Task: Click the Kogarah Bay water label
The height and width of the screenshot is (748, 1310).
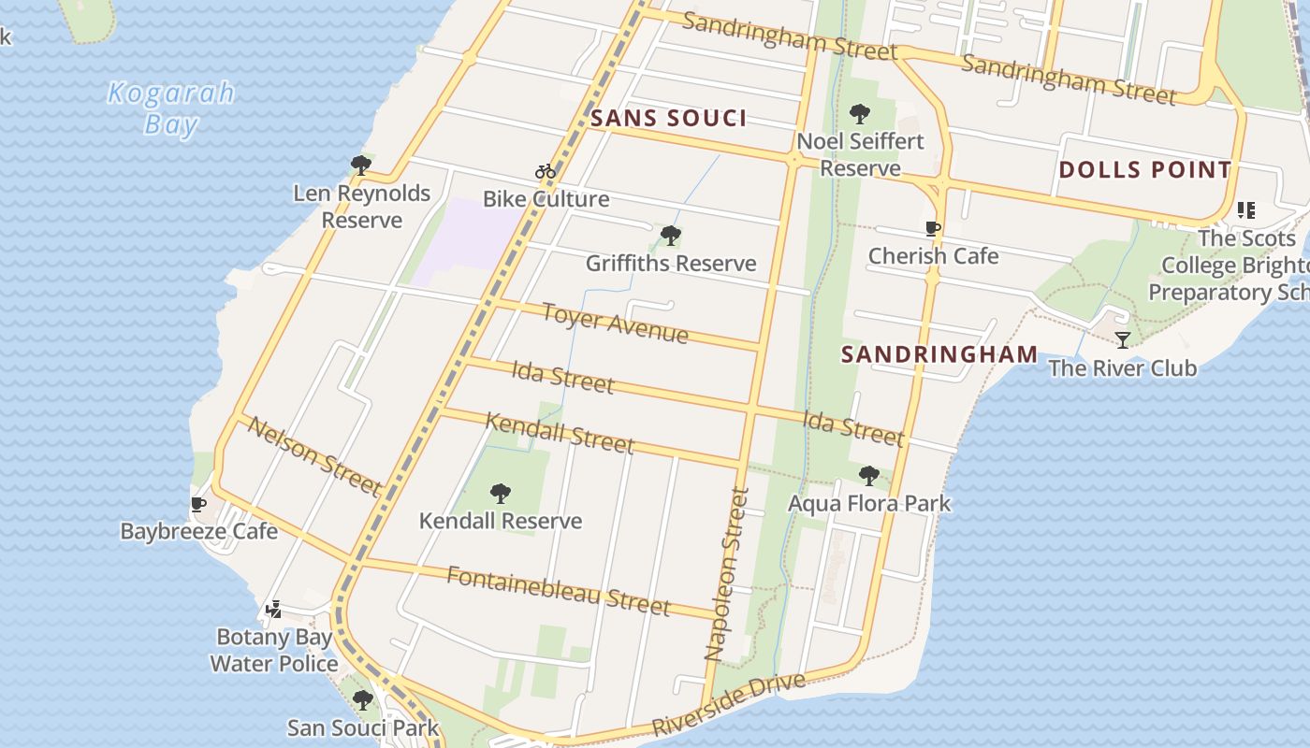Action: pos(170,108)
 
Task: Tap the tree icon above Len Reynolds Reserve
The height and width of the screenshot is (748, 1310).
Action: pos(360,166)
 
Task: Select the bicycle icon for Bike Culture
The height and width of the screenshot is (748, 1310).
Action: pos(546,171)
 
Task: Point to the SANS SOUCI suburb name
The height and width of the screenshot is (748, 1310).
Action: pos(669,118)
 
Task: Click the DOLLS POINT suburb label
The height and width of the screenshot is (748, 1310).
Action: pos(1144,170)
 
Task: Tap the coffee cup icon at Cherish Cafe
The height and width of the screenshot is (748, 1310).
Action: pos(933,229)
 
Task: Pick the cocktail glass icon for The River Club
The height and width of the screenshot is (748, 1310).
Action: pos(1123,340)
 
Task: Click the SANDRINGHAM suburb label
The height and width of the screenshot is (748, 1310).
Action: pos(939,354)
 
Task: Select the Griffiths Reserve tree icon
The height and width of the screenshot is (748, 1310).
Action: pos(670,236)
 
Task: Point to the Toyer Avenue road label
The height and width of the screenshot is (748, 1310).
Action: pos(615,324)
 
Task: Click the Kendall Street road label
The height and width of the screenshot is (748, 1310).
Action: pos(560,433)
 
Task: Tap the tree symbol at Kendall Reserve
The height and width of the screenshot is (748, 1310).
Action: pos(501,494)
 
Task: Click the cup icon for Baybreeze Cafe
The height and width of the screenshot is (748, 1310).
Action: pos(198,505)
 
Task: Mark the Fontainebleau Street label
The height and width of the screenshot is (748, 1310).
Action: pos(558,590)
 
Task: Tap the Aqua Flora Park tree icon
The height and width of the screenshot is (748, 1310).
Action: pos(869,476)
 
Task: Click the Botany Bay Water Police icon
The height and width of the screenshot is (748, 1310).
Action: pos(273,610)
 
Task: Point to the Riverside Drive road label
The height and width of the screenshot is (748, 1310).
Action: pos(728,703)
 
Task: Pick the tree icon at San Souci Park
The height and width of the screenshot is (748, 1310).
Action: pos(363,700)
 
